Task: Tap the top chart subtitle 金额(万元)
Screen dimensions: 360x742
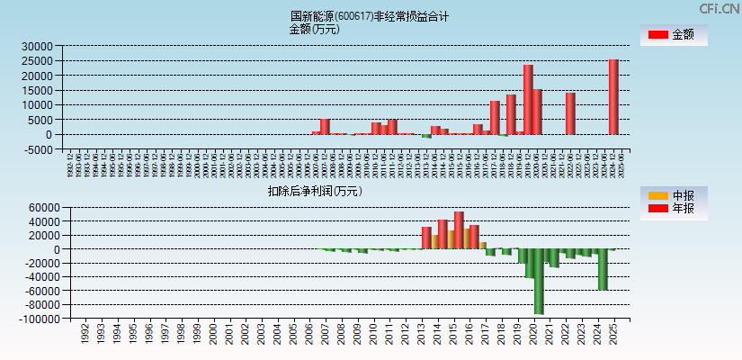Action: tap(314, 29)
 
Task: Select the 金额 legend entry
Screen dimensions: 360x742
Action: tap(674, 35)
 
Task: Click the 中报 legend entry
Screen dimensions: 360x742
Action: tap(674, 195)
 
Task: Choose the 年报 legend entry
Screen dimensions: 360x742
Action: tap(674, 209)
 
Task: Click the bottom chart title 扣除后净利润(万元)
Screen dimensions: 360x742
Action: tap(314, 191)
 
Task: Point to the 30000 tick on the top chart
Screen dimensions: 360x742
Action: tap(37, 46)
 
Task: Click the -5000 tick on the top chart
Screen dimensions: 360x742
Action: tap(37, 149)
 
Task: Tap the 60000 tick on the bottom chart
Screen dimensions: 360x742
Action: tap(42, 208)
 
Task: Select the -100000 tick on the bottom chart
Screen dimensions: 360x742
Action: tap(37, 319)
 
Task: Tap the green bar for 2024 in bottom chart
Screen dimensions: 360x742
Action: tap(603, 269)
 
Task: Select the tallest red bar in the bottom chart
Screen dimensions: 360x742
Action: tap(459, 229)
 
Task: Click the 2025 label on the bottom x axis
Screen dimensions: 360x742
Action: tap(612, 335)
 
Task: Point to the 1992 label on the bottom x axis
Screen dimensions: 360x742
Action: tap(85, 335)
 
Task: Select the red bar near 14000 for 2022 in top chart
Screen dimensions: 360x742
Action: tap(570, 113)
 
